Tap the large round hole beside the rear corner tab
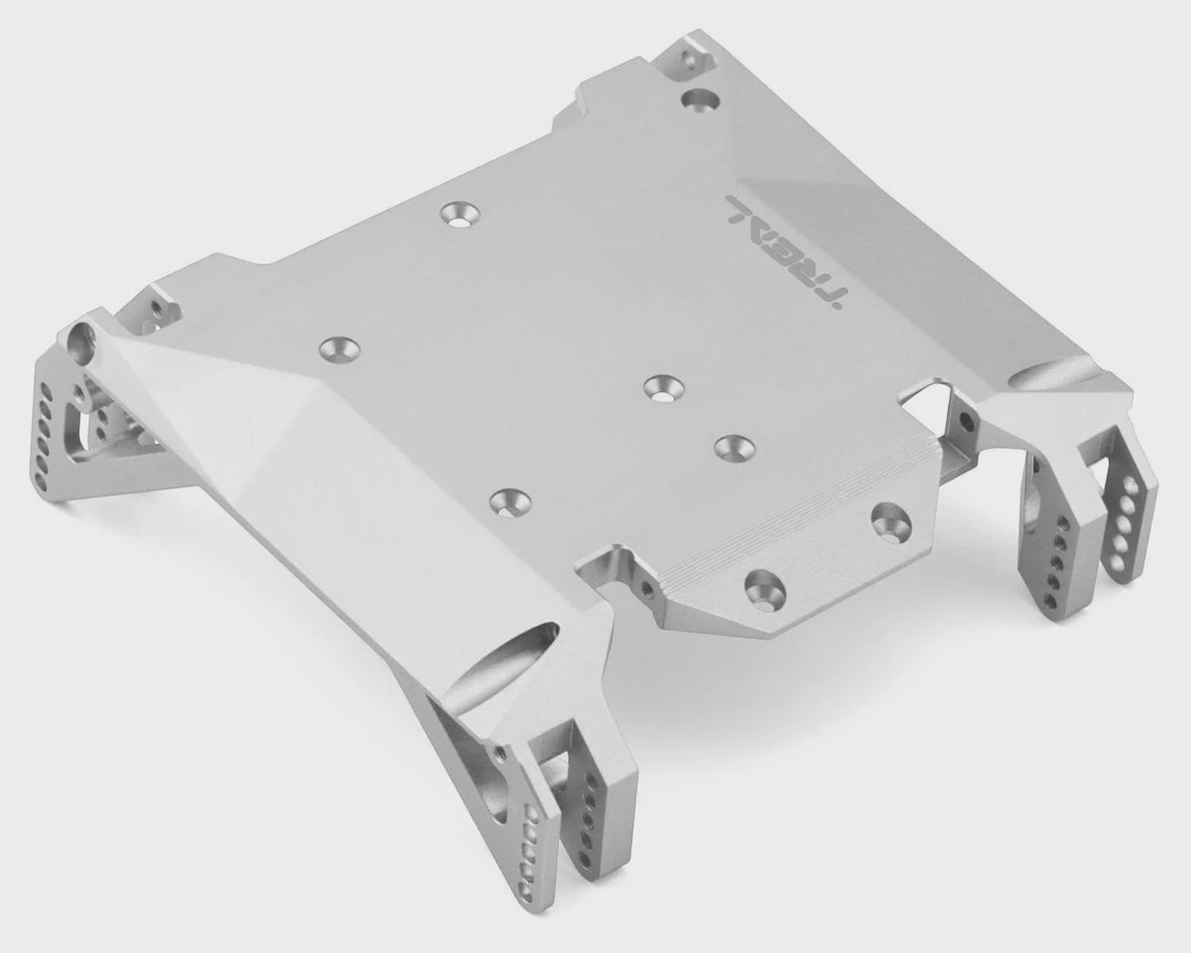click(700, 99)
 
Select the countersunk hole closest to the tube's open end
click(339, 348)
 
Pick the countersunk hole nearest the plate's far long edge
click(460, 214)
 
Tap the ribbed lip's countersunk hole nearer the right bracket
click(891, 518)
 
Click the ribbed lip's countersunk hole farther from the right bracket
click(766, 589)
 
